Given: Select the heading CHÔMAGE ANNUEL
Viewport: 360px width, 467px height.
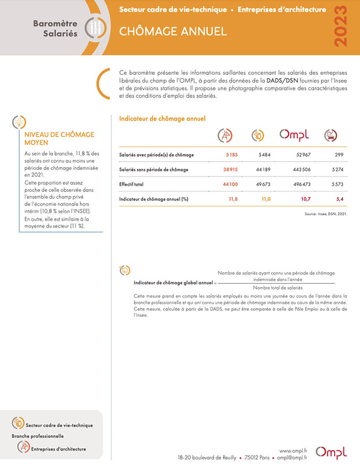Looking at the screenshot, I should [173, 31].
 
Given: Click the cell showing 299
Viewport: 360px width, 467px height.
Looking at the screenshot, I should [339, 155].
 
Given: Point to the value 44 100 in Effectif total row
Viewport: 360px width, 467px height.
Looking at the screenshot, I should [230, 184].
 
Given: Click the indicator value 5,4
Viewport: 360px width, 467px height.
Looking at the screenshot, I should [340, 199].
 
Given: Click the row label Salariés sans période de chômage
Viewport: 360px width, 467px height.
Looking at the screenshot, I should [154, 169].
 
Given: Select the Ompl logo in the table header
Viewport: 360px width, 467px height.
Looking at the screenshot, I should [294, 134].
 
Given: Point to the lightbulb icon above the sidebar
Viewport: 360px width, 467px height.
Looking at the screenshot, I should [19, 122].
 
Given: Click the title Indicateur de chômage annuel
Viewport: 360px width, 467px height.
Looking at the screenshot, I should [162, 118].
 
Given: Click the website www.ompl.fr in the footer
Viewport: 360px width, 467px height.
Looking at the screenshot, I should [293, 450].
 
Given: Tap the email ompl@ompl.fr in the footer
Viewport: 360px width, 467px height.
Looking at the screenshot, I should [292, 457].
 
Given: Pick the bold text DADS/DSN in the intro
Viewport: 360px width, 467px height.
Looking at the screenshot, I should [283, 80].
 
